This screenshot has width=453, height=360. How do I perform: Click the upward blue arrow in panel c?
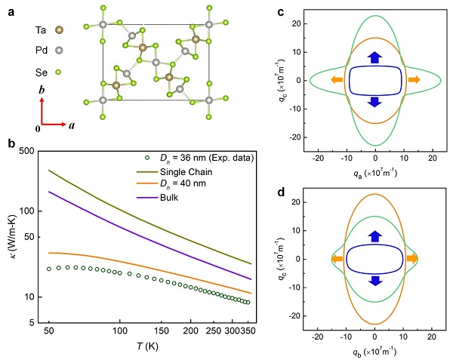click(x=375, y=57)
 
